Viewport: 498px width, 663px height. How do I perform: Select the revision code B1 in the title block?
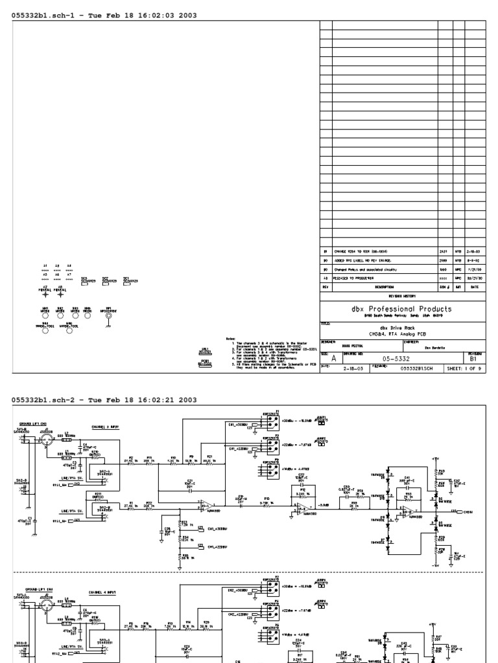point(473,357)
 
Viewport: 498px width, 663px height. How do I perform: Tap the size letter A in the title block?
point(333,357)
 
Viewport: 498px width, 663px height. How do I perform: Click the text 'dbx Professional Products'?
point(402,309)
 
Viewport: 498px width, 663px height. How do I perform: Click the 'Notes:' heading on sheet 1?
point(230,337)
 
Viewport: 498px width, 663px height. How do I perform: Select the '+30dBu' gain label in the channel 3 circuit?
point(286,419)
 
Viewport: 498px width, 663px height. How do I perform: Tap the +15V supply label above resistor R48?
point(434,458)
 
